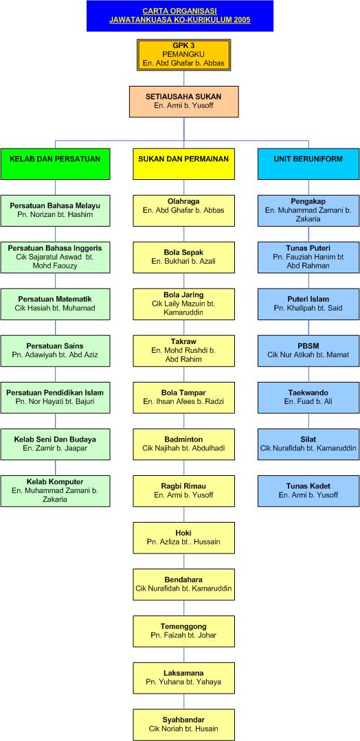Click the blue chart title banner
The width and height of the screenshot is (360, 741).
point(180,16)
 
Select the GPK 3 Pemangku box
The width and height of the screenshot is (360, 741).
point(183,55)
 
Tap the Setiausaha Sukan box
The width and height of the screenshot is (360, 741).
point(183,102)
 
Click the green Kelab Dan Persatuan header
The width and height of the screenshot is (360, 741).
point(56,164)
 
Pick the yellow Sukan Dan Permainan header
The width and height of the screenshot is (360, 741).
point(183,164)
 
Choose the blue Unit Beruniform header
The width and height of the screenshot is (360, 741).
point(308,164)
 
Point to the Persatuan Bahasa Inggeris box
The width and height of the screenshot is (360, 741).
point(56,257)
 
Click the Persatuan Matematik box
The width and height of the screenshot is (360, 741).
point(56,304)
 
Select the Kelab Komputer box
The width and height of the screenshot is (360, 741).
point(56,490)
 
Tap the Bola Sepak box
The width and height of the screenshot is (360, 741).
point(183,257)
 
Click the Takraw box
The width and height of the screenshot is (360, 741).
point(183,351)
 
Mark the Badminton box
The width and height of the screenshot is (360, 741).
point(183,444)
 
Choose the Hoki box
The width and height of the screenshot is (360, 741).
point(183,538)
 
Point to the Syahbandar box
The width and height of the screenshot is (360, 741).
point(183,725)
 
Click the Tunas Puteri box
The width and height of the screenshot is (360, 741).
point(308,257)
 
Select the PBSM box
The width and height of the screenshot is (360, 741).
point(308,351)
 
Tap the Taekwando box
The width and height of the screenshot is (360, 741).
point(308,398)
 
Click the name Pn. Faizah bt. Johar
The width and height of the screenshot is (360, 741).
point(183,636)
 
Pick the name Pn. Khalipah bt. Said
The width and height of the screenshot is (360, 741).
point(308,308)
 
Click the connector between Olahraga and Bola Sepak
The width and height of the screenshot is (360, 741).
point(183,234)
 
